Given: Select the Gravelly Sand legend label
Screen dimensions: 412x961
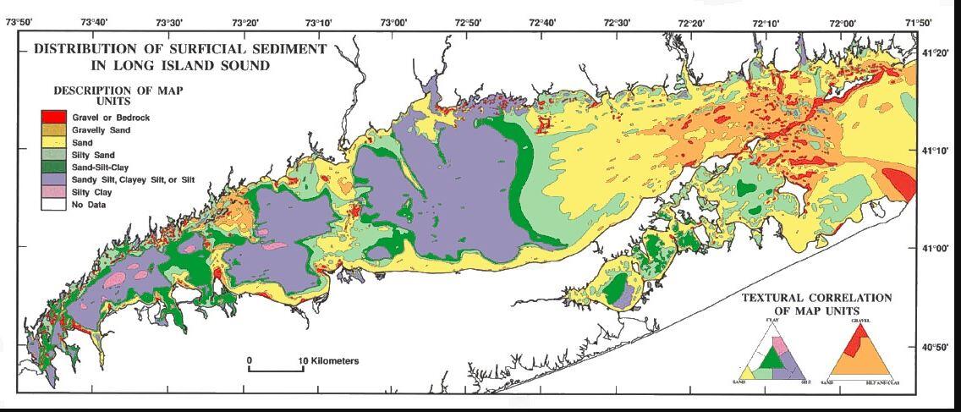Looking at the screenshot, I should [101, 129].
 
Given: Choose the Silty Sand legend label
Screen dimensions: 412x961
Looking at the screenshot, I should [93, 155].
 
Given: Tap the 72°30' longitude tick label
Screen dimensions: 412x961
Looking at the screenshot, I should [617, 23].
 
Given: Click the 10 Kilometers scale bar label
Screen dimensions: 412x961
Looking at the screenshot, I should [330, 361].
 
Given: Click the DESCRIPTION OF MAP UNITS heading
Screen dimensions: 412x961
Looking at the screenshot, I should [118, 95].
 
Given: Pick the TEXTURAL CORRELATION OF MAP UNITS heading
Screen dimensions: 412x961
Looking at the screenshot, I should [816, 304].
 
